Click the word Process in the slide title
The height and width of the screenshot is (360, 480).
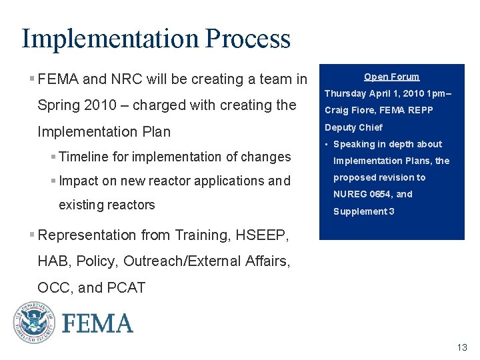pos(248,39)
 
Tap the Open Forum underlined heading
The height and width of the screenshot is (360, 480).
pos(391,77)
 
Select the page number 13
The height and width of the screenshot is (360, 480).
pos(462,347)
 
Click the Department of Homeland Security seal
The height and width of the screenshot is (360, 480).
pos(33,323)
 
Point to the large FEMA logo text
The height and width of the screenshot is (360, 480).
pos(98,324)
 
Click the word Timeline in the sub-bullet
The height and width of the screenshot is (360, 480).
pos(83,157)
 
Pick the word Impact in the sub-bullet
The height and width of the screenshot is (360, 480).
pos(78,181)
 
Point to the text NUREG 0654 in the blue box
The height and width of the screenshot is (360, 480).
pos(364,194)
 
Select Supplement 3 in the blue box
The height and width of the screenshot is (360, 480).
pos(364,211)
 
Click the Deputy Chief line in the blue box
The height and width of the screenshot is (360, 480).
pos(353,127)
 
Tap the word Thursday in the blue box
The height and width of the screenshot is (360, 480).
pos(345,93)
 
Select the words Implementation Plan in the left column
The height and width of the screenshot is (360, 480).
pos(104,131)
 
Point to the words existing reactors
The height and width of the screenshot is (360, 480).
pos(107,205)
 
